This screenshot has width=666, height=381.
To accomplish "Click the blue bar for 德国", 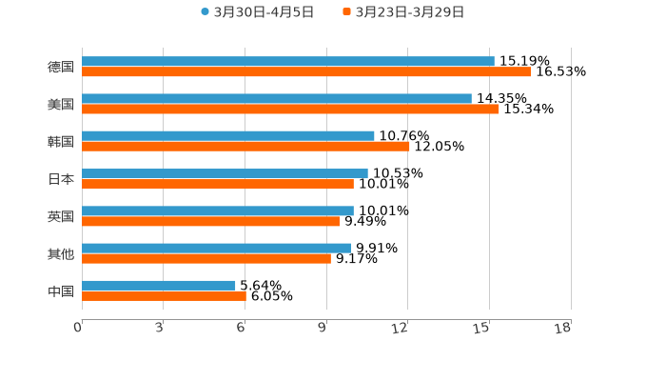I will [x=288, y=62].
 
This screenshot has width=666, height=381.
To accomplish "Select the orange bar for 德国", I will [x=306, y=72].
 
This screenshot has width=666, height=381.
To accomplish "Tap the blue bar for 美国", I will [x=277, y=99].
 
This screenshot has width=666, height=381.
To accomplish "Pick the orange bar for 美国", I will [x=290, y=110].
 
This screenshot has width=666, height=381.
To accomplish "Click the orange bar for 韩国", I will [x=245, y=147].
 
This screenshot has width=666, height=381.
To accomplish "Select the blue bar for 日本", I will [x=225, y=174].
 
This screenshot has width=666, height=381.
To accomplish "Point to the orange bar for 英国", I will [x=210, y=222].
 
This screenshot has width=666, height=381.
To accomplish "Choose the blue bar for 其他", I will [x=216, y=249].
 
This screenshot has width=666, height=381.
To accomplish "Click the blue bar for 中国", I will [x=159, y=286].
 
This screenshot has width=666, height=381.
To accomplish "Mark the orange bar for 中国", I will [x=164, y=296].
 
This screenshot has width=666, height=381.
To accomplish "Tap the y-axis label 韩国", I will [x=61, y=142].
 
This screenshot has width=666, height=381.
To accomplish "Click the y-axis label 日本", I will [x=61, y=179].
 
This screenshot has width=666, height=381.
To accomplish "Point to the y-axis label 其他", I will [x=61, y=254].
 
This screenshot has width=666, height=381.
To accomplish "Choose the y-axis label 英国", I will [x=61, y=217].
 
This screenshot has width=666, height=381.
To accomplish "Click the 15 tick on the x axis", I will [x=482, y=329].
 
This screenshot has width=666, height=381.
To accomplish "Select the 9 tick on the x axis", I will [x=323, y=329].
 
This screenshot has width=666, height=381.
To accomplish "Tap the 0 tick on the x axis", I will [x=78, y=329].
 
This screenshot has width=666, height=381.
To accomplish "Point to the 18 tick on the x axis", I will [x=563, y=329].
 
